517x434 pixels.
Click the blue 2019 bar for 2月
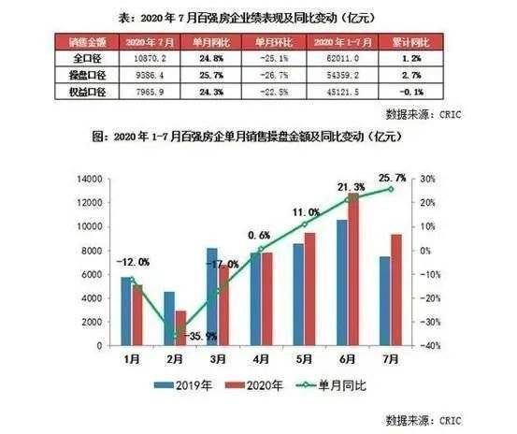pos(169,318)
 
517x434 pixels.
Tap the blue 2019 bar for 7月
pos(385,300)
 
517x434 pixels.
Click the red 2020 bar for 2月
pos(180,327)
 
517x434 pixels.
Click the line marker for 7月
pos(391,189)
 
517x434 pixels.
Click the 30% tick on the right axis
pos(430,179)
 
